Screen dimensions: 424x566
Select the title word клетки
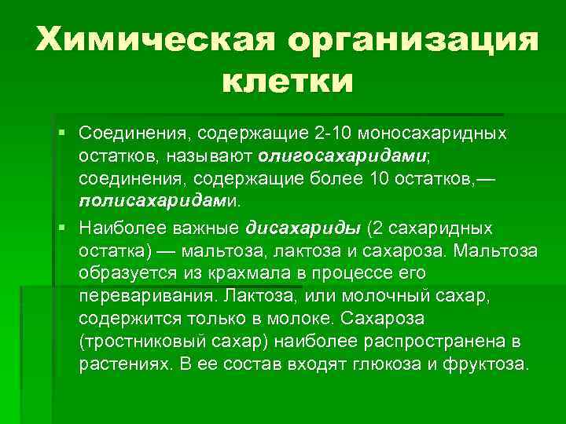288,81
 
